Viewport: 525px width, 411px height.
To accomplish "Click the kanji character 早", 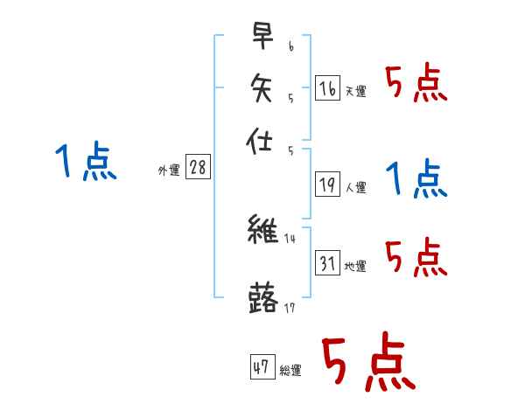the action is [x=262, y=38].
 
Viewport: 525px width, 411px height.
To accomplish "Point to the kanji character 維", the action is [x=262, y=231].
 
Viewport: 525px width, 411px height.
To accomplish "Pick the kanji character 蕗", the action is [x=262, y=297].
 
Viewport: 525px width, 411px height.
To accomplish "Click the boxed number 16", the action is [x=326, y=87].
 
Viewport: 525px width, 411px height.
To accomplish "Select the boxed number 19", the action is [x=326, y=185].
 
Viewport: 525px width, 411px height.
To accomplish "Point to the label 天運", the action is [x=354, y=91].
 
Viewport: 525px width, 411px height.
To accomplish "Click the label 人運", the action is [x=355, y=187].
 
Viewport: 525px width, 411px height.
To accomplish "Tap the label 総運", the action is [x=290, y=371].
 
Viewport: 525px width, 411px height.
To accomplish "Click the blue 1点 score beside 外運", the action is [x=86, y=163].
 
